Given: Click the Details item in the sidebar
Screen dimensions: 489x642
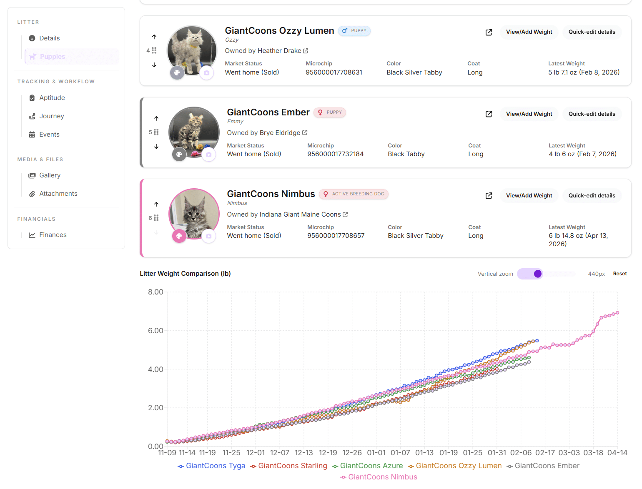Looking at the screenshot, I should coord(49,38).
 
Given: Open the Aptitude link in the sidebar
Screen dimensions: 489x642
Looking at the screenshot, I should coord(52,98).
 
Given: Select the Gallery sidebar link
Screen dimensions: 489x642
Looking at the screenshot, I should coord(50,175).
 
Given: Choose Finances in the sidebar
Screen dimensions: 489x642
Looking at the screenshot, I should coord(53,235).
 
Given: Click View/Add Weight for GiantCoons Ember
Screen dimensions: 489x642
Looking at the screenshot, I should coord(529,114).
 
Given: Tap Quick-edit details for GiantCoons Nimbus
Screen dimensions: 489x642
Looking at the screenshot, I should coord(591,195).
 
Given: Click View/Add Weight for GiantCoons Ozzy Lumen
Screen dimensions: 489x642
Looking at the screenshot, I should coord(529,32).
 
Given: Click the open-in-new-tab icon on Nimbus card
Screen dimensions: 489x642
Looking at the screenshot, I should coord(489,196).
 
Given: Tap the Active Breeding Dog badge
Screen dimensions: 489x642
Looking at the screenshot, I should coord(354,194).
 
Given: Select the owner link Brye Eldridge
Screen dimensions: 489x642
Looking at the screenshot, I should coord(280,133).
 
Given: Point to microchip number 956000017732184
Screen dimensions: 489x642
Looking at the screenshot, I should coord(335,154).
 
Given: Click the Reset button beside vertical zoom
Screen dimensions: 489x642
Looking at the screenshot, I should coord(619,274).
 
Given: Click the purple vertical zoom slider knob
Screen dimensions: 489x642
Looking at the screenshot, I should coord(537,274).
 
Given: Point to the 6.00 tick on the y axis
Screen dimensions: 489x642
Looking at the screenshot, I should coord(155,331).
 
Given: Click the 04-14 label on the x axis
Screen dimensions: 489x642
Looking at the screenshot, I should coord(617,453).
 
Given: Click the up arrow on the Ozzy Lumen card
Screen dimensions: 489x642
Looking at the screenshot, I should coord(154,37).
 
